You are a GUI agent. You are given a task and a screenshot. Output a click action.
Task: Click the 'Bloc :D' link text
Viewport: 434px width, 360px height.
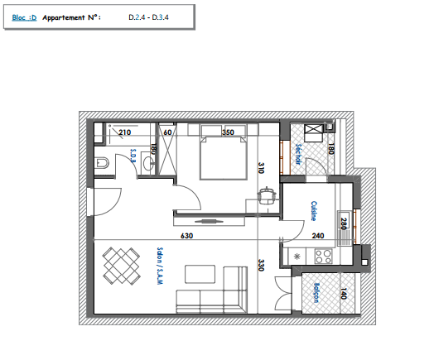[x=24, y=17]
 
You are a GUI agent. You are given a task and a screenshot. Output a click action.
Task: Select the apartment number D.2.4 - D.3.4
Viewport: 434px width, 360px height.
[x=148, y=17]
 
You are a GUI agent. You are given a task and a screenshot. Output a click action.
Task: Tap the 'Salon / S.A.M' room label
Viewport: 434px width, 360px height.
[x=160, y=266]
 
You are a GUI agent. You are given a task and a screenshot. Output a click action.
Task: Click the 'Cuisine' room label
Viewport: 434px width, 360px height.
[x=314, y=211]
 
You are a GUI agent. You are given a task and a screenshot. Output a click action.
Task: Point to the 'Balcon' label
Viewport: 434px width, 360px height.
[x=316, y=292]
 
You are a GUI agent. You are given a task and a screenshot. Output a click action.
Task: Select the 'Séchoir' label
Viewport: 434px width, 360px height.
[x=298, y=154]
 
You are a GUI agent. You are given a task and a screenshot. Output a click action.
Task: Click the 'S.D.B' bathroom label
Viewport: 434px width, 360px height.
[x=133, y=156]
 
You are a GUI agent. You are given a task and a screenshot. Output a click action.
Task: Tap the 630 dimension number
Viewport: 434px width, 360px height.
[x=187, y=236]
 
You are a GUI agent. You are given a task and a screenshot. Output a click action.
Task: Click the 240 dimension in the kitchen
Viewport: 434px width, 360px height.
[x=318, y=236]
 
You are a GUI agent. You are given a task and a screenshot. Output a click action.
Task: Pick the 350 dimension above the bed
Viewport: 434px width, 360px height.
[x=228, y=132]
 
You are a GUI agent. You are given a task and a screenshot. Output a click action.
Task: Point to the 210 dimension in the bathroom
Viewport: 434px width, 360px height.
[x=125, y=132]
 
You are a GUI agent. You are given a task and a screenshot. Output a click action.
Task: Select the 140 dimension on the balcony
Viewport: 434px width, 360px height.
[x=344, y=294]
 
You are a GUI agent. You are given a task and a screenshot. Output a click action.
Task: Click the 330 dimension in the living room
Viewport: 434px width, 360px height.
[x=261, y=265]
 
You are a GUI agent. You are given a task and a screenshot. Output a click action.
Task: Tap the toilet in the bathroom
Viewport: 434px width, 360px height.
[x=102, y=163]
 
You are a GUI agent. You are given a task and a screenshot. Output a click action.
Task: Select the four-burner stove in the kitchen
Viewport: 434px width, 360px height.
[x=323, y=257]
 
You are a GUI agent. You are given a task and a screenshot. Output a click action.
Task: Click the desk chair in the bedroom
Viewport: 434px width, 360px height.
[x=267, y=195]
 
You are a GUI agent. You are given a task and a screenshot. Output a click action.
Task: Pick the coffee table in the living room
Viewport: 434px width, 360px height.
[x=200, y=274]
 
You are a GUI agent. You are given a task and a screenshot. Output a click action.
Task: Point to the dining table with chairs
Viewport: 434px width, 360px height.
[x=121, y=266]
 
